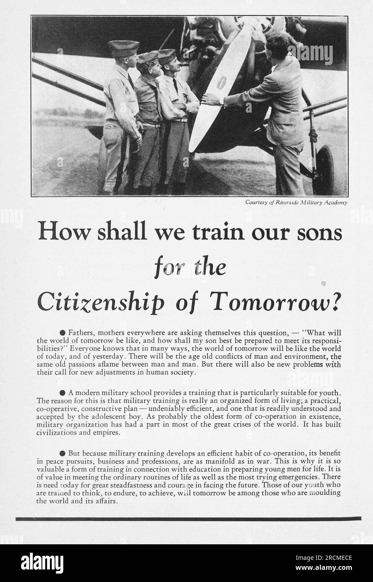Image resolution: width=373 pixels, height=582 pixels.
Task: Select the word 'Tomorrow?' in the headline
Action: coord(275,300)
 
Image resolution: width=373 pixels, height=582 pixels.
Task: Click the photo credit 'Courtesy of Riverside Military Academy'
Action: coord(296,203)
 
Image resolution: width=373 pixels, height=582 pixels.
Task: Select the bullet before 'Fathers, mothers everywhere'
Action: coord(62,333)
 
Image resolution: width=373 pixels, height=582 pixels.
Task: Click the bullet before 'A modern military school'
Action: coord(62,393)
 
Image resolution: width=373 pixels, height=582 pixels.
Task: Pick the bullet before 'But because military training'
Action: coord(62,453)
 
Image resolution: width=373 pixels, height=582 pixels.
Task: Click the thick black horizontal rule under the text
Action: coord(188,519)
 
